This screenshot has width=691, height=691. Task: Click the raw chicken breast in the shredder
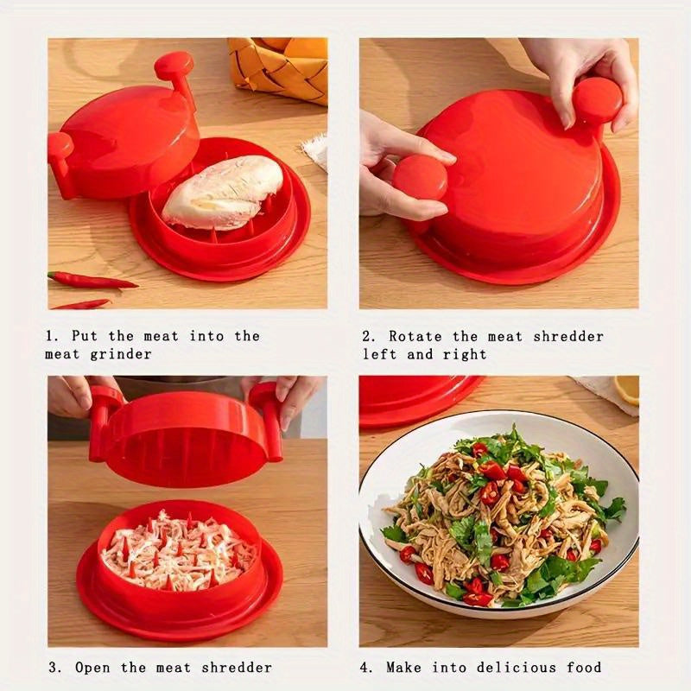[222, 191]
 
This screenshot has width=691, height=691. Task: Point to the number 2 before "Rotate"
[368, 336]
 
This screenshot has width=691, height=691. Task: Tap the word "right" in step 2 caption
[467, 354]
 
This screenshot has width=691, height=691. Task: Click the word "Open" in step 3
[91, 667]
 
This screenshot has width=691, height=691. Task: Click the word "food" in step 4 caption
[585, 667]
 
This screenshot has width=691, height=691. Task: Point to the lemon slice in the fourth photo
[628, 390]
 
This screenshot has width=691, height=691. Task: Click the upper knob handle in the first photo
[174, 66]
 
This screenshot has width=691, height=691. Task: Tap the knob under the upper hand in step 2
[597, 100]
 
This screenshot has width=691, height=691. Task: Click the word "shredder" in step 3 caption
[239, 667]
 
